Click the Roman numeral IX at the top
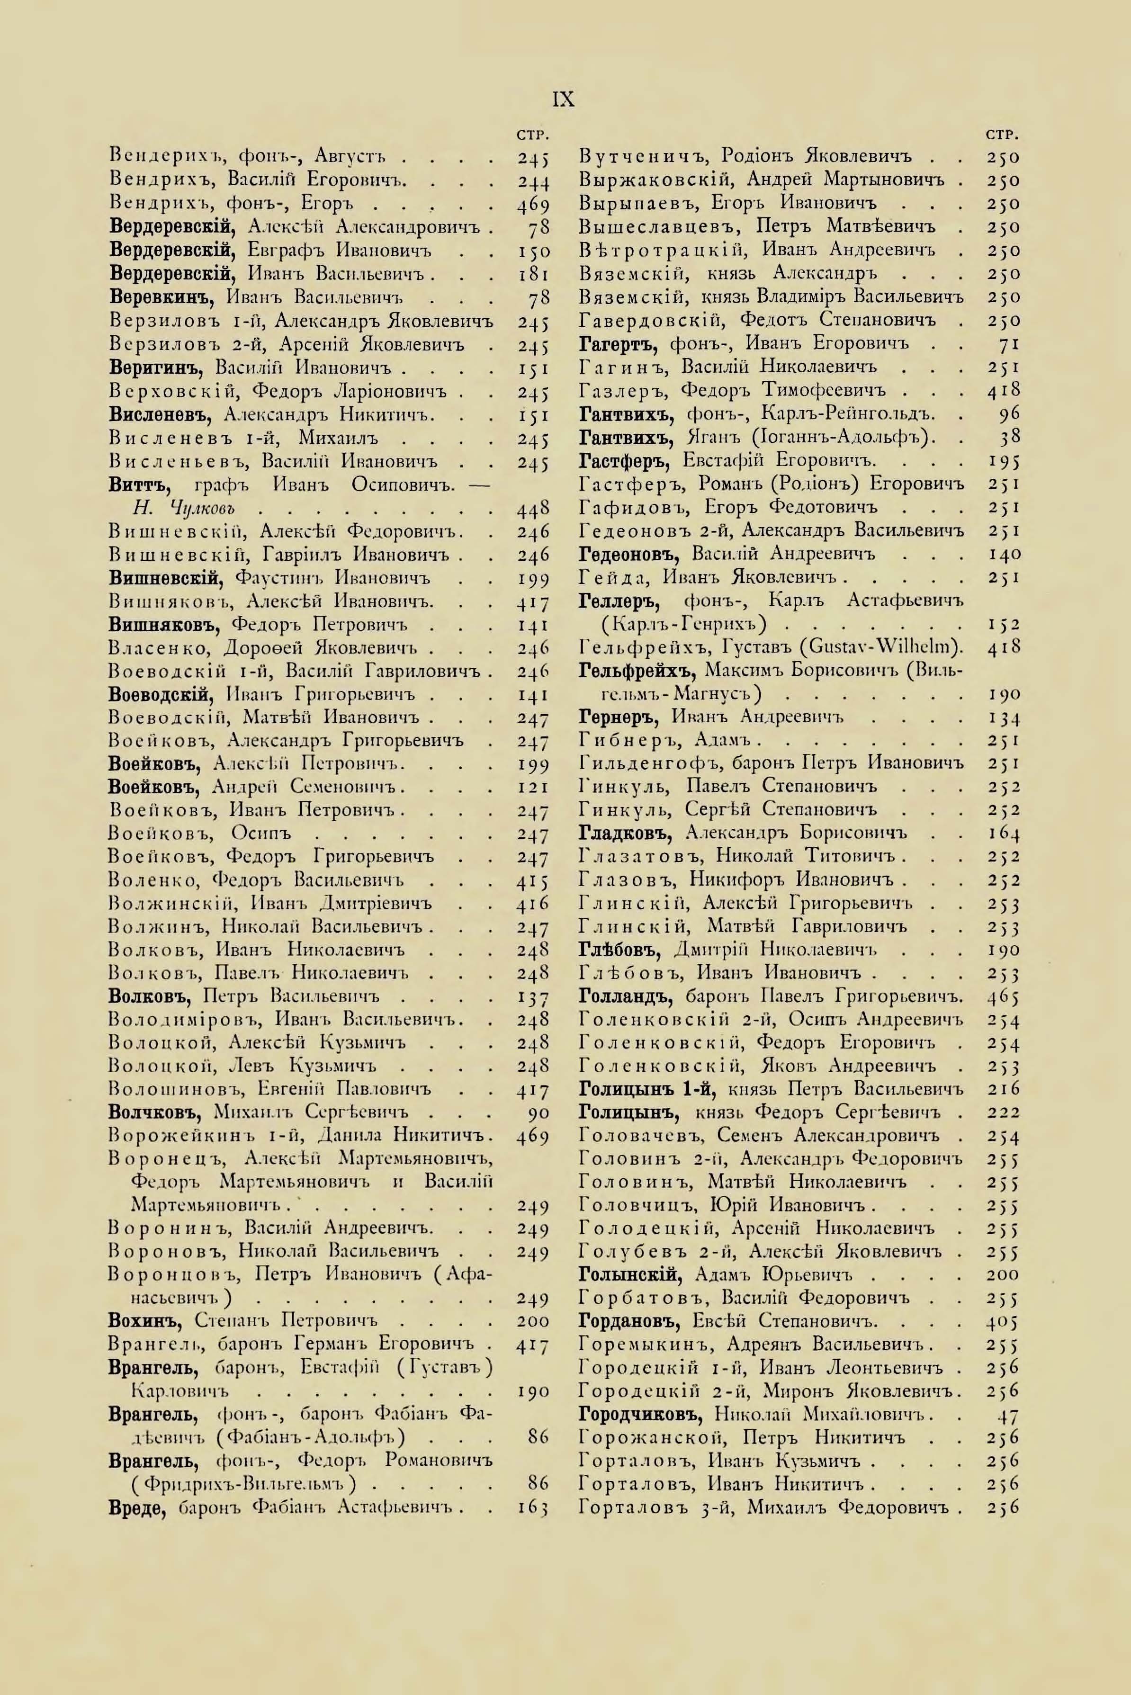563,99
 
